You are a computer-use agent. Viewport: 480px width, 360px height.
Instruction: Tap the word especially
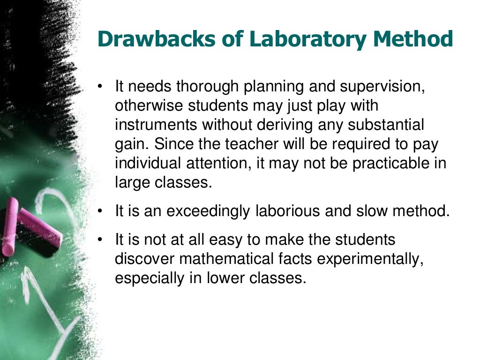pos(150,278)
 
